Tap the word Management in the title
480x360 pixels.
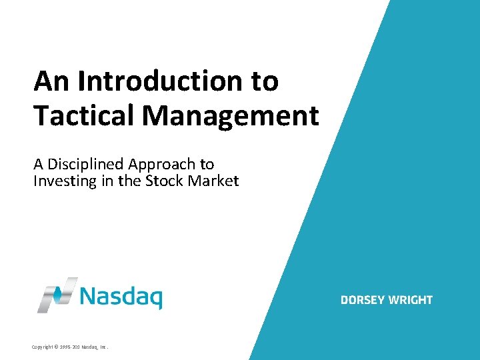click(x=231, y=115)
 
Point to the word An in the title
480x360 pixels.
click(x=51, y=81)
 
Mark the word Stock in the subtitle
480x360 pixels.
click(x=163, y=181)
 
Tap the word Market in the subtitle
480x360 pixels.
click(x=213, y=181)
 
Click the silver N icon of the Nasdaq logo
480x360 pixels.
click(x=57, y=295)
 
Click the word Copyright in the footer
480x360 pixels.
click(x=44, y=347)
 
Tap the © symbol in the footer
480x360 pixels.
click(x=60, y=347)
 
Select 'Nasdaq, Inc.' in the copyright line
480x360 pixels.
click(x=95, y=347)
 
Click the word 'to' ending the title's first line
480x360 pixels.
click(x=265, y=81)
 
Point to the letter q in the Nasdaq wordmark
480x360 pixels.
click(x=155, y=298)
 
